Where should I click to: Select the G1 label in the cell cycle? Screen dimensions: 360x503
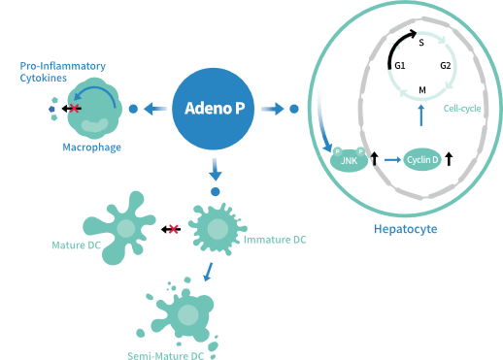tap(399, 65)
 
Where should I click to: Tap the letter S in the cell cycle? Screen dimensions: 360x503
tap(420, 44)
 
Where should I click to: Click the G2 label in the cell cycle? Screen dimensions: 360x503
tap(445, 65)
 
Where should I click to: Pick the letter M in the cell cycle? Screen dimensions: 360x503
tap(420, 89)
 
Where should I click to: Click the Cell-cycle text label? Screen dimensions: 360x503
tap(462, 109)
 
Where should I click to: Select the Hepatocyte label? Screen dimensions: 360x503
tap(405, 229)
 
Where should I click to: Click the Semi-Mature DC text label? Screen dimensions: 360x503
tap(165, 355)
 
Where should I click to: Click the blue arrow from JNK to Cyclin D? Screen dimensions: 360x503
tap(390, 157)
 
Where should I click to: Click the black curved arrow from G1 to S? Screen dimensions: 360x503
tap(398, 44)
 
